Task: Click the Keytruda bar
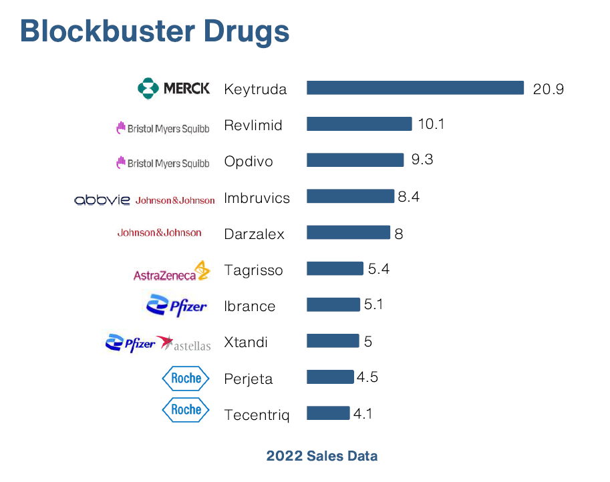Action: coord(415,88)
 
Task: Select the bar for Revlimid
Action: coord(359,124)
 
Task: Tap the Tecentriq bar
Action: coord(328,413)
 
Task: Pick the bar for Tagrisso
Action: coord(335,269)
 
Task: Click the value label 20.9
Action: coord(548,89)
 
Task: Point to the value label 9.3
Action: coord(422,160)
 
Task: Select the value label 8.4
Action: coord(408,197)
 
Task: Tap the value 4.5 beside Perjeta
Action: coord(367,377)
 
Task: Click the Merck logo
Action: coord(174,88)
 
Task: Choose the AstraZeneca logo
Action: coord(172,271)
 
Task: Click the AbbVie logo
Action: coord(102,200)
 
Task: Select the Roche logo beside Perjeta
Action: coord(186,379)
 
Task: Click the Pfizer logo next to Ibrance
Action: coord(176,306)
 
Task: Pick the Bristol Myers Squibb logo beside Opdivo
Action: coord(162,162)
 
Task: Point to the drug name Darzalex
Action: coord(254,234)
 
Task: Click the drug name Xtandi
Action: coord(246,342)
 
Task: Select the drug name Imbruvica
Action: coord(257,198)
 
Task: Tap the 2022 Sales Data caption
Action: coord(321,457)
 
